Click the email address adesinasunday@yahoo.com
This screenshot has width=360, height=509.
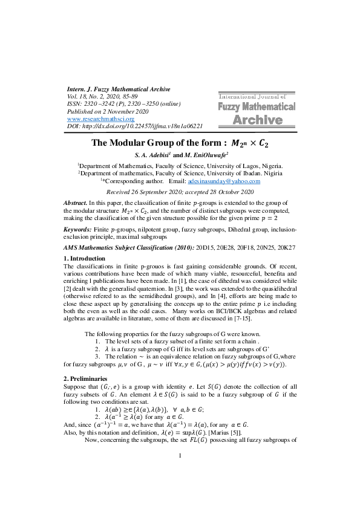(224, 181)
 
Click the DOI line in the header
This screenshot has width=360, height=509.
(134, 126)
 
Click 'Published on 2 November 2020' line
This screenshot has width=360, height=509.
(107, 111)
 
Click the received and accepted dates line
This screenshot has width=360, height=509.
(180, 190)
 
